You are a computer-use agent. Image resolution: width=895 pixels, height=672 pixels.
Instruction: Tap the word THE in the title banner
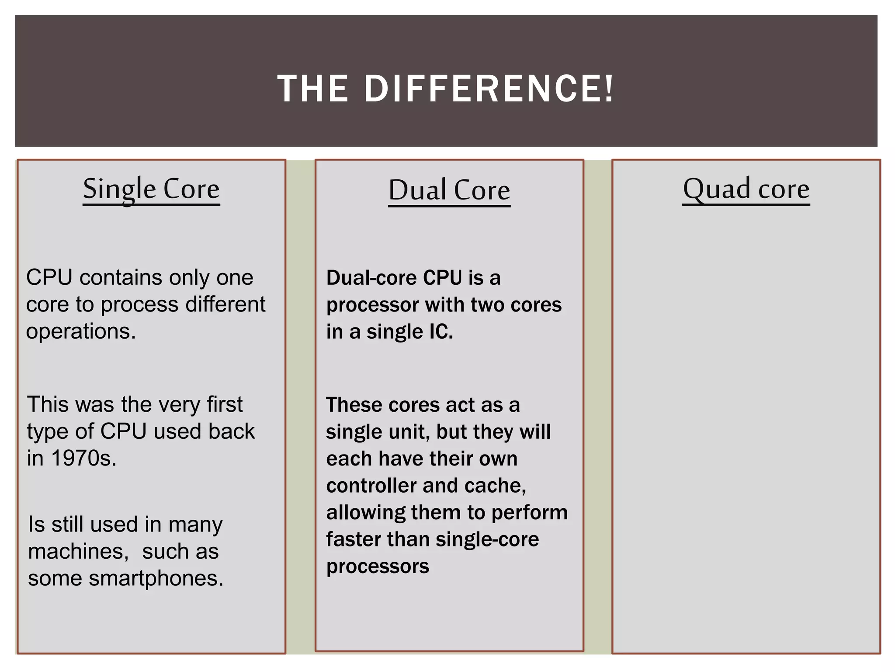313,89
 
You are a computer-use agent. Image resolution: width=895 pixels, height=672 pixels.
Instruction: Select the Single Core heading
151,189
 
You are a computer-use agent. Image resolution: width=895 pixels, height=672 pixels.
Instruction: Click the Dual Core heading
449,190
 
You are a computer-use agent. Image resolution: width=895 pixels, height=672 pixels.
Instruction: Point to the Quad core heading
746,189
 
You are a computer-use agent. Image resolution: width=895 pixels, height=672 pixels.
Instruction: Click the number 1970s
84,458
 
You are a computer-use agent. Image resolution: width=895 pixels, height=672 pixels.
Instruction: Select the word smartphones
156,578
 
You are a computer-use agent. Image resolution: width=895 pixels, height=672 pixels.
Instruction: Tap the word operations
81,331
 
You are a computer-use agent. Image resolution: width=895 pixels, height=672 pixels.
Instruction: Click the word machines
78,551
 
